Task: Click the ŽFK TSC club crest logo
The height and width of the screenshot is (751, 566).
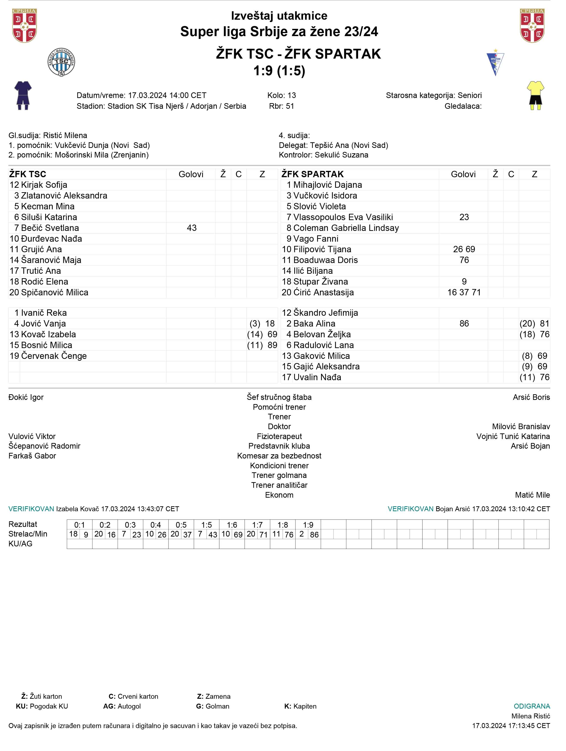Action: coord(61,62)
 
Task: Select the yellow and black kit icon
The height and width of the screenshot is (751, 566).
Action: coord(536,95)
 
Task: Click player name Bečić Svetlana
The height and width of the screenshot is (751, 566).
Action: coord(50,228)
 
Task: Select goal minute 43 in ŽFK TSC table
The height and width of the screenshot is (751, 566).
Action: coord(191,228)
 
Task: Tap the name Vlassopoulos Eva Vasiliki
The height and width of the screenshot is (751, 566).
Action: coord(343,217)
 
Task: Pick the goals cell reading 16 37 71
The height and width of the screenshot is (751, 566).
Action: coord(464,292)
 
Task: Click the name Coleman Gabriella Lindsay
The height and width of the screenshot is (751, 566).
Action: coord(346,228)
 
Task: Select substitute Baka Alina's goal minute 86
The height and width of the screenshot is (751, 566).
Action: coord(464,323)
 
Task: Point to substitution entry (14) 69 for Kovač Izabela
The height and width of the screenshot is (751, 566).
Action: coord(262,334)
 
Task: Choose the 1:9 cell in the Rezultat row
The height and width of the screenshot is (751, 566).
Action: coord(308,525)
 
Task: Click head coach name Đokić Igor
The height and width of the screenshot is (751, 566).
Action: coord(26,397)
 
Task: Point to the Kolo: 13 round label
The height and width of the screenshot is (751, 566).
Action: coord(281,95)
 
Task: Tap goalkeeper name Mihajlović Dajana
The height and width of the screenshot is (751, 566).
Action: coord(327,185)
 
